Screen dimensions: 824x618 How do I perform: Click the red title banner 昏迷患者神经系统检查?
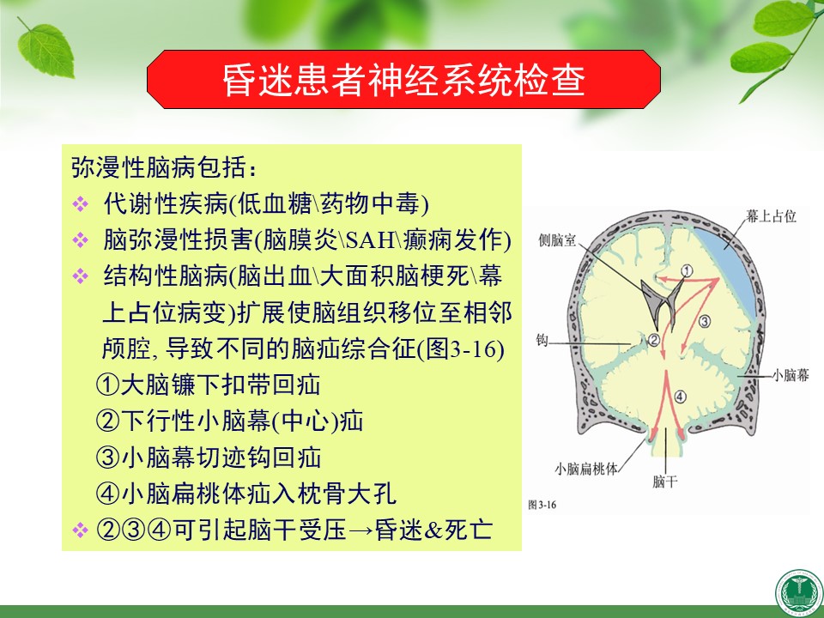(403, 79)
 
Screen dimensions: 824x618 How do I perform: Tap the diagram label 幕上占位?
(771, 216)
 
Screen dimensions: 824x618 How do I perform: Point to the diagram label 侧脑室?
(557, 240)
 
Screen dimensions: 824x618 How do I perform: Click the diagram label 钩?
(542, 340)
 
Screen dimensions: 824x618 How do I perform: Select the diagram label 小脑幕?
(791, 375)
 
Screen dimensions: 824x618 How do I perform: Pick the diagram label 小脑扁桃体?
(586, 469)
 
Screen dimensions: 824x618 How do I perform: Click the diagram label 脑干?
(664, 482)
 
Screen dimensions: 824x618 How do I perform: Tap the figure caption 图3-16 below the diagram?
(542, 505)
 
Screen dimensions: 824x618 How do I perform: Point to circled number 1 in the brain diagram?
(688, 270)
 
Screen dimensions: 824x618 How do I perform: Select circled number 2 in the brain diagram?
(654, 340)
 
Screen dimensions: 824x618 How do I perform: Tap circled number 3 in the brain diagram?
(704, 321)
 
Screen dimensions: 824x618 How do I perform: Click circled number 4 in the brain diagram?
(680, 397)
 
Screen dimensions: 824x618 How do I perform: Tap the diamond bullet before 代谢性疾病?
(81, 204)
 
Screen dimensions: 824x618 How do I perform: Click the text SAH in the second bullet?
(371, 240)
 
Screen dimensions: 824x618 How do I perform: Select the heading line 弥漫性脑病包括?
(164, 167)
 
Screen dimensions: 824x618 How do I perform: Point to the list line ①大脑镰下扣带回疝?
(208, 385)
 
